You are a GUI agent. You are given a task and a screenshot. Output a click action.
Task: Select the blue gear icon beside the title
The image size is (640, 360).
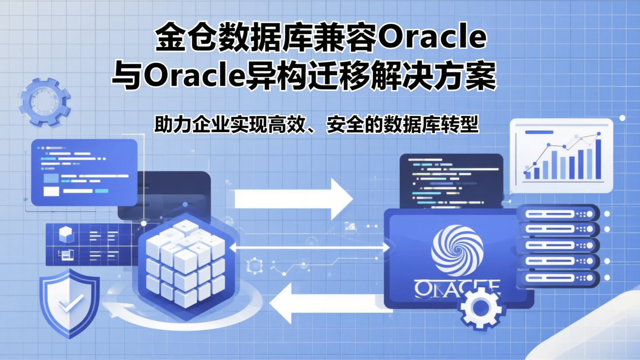tap(44, 102)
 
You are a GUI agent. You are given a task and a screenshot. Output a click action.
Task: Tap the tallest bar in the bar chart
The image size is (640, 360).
tap(598, 159)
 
